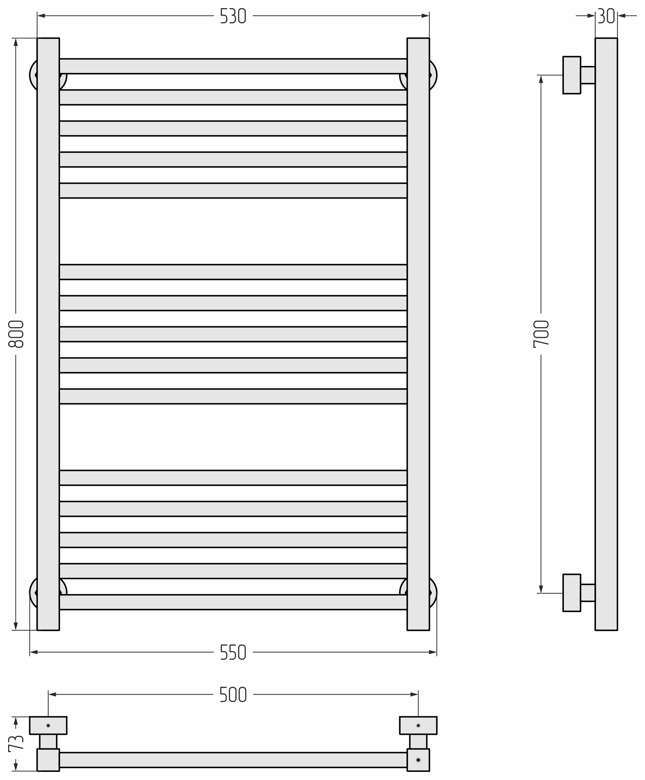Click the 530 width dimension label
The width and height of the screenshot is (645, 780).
[233, 16]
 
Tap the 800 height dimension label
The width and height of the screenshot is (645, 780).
[16, 334]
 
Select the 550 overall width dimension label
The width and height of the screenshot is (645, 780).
[233, 652]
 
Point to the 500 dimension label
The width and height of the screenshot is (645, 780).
[233, 695]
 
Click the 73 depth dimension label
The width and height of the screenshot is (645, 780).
[16, 743]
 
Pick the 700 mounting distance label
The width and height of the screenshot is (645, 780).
[541, 334]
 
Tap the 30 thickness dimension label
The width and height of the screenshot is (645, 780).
[606, 16]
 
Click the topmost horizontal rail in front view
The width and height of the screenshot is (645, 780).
[233, 66]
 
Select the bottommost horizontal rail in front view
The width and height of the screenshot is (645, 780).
[233, 602]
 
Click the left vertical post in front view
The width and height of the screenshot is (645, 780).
[48, 334]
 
